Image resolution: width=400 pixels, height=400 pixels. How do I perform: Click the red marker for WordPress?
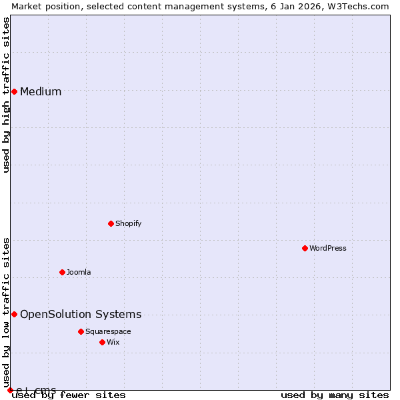tap(305, 248)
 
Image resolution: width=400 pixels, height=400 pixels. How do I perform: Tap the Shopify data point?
tap(111, 223)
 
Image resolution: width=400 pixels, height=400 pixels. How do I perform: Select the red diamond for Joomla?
tap(62, 272)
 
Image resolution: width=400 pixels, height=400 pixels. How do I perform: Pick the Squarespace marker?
tap(81, 331)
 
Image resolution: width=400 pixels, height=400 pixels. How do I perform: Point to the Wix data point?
tap(102, 342)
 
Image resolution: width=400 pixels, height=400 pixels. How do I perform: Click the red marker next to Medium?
tap(14, 91)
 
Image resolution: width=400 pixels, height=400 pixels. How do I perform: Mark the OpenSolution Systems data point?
tap(14, 314)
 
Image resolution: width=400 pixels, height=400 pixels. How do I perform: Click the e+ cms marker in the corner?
tap(10, 390)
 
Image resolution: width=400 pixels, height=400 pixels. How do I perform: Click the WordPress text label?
tap(328, 248)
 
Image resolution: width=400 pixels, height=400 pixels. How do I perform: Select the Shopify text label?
tap(129, 223)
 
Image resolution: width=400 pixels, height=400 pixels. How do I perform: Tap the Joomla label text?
tap(79, 272)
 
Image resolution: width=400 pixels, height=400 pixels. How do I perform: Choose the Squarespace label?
tap(108, 331)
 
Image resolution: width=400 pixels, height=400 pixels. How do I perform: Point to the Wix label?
tap(113, 342)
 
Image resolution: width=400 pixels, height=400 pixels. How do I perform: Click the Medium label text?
tap(41, 92)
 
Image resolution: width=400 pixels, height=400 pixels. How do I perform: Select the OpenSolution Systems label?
tap(81, 315)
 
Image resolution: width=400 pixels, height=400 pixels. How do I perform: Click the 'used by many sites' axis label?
tap(335, 395)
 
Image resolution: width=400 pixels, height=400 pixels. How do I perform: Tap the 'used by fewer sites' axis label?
tap(69, 395)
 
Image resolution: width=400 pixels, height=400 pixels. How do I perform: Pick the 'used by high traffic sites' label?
tap(6, 95)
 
